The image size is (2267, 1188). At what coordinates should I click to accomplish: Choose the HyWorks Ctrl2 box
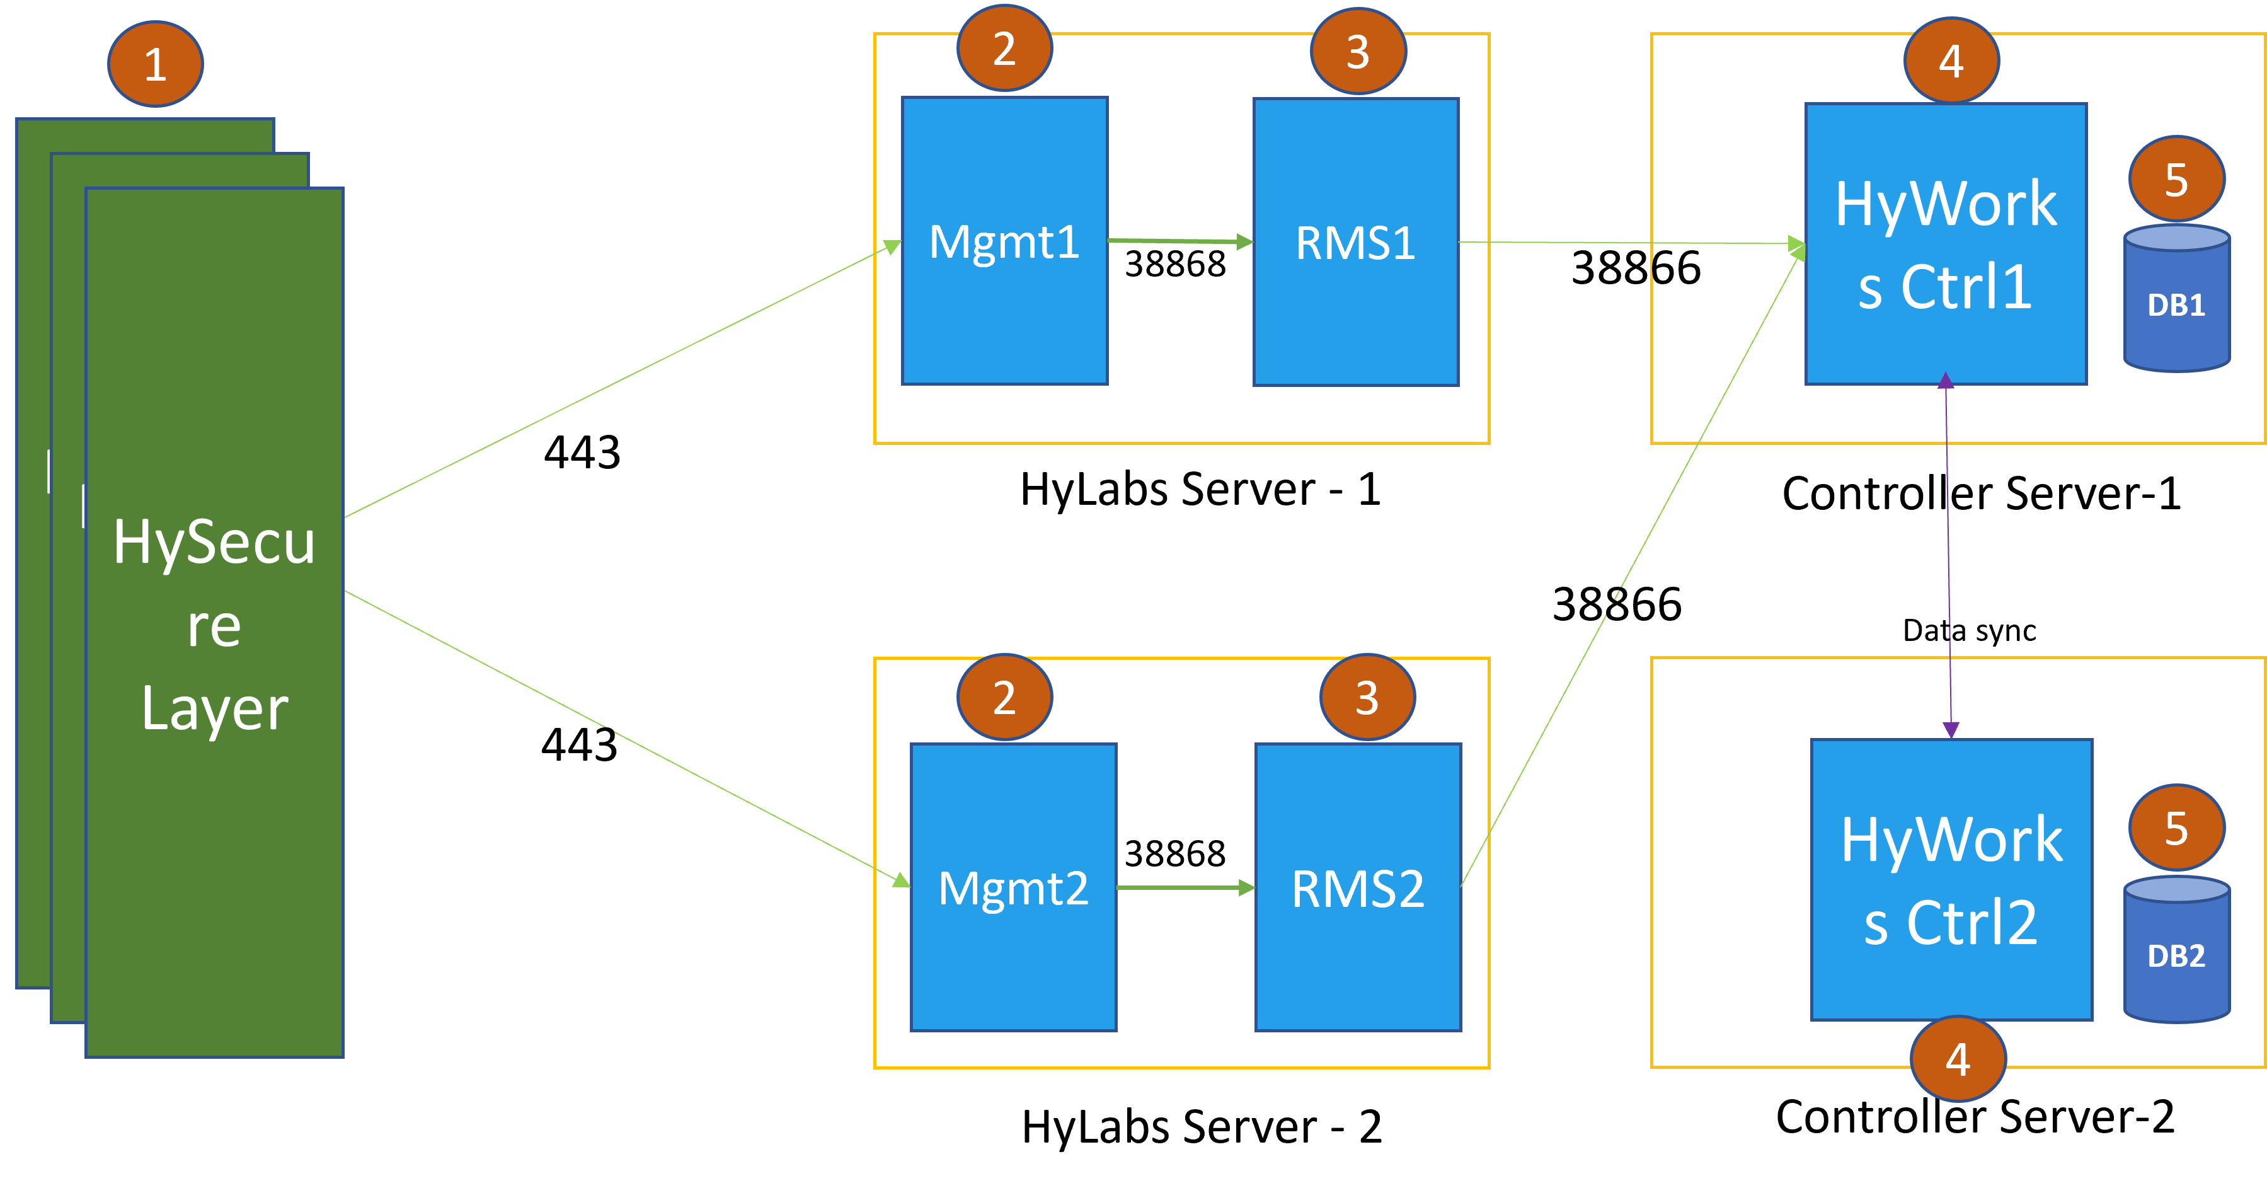coord(1951,880)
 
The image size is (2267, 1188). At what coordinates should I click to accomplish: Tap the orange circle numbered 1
coord(156,64)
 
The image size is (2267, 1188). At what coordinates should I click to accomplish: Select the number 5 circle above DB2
coord(2176,828)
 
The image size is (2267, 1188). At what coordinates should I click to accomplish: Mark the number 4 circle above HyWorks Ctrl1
coord(1951,61)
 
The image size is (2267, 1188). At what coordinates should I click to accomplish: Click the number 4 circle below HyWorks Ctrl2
coord(1957,1059)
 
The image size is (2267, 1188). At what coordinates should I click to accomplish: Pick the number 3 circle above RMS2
coord(1367,697)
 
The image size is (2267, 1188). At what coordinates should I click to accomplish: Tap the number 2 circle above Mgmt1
coord(1004,49)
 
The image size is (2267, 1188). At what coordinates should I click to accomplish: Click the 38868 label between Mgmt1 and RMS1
coord(1175,264)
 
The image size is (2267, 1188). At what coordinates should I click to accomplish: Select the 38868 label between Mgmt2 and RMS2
coord(1175,853)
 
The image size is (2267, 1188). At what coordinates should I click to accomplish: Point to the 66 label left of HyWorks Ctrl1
coord(1675,268)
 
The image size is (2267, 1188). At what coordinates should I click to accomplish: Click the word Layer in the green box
coord(215,708)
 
